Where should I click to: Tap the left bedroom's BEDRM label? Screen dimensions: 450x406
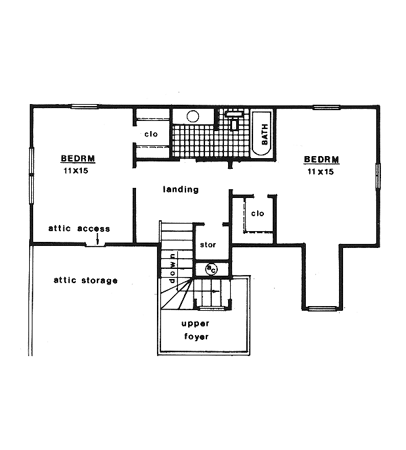tap(78, 159)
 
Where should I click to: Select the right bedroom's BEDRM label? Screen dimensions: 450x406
tap(321, 159)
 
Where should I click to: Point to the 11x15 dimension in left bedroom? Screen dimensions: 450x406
tap(77, 172)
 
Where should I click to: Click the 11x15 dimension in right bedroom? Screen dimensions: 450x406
tap(321, 172)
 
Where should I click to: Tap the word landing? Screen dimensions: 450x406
tap(181, 189)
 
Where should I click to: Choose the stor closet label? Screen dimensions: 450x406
tap(206, 244)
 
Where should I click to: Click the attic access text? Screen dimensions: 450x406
tap(79, 228)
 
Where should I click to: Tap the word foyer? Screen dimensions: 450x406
tap(196, 336)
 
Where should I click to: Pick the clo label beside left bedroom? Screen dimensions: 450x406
tap(151, 134)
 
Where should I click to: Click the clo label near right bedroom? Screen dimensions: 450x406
tap(257, 214)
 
